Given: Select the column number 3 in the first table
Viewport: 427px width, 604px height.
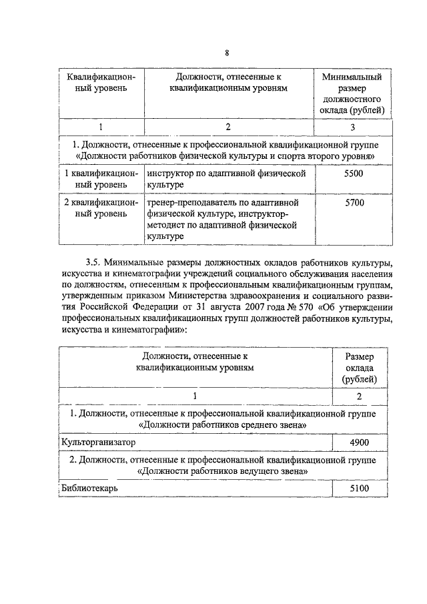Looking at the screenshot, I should coord(353,127).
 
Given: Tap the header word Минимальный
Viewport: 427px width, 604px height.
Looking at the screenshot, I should coord(352,77).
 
